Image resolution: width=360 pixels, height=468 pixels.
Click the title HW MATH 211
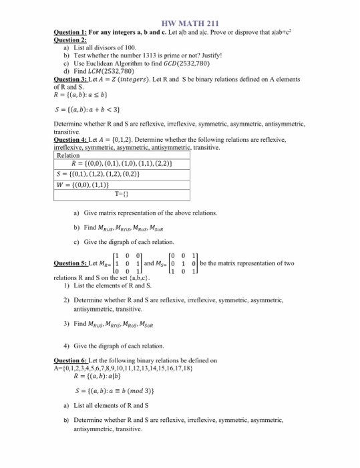pyautogui.click(x=180, y=25)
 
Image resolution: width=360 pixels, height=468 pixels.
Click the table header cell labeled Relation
pyautogui.click(x=67, y=155)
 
